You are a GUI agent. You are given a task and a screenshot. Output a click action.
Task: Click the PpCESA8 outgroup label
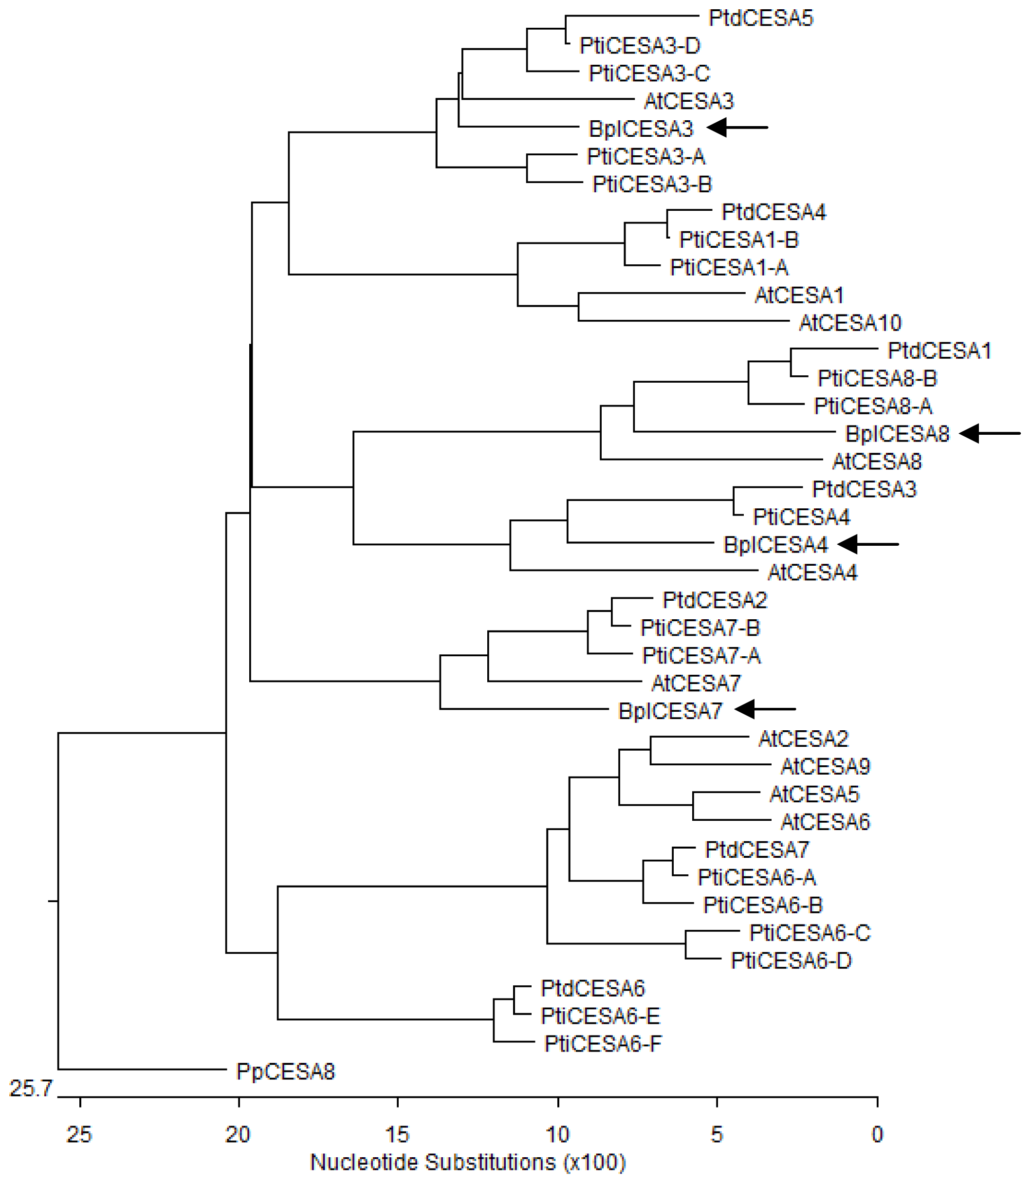click(285, 1071)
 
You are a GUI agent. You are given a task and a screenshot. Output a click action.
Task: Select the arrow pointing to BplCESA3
click(736, 127)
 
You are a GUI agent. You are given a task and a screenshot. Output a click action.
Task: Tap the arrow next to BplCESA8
click(990, 433)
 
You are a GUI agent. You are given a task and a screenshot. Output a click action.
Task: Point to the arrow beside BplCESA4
click(867, 544)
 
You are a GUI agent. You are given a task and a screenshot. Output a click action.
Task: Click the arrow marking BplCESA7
click(765, 709)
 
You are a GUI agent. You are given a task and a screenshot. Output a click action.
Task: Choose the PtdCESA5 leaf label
click(760, 18)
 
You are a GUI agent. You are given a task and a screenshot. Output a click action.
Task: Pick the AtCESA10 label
click(850, 323)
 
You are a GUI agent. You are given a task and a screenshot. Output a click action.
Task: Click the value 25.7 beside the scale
click(31, 1088)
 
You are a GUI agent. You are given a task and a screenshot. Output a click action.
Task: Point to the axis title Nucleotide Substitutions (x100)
click(468, 1162)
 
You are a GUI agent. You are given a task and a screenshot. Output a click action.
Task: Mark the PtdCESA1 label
click(939, 351)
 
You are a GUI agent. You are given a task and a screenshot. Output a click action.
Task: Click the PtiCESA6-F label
click(603, 1044)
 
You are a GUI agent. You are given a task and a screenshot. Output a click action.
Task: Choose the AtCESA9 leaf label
click(825, 766)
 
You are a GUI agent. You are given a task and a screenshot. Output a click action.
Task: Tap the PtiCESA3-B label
click(652, 184)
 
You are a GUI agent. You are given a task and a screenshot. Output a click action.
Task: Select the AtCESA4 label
click(812, 573)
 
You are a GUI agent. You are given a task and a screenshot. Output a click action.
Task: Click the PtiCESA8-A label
click(873, 406)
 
